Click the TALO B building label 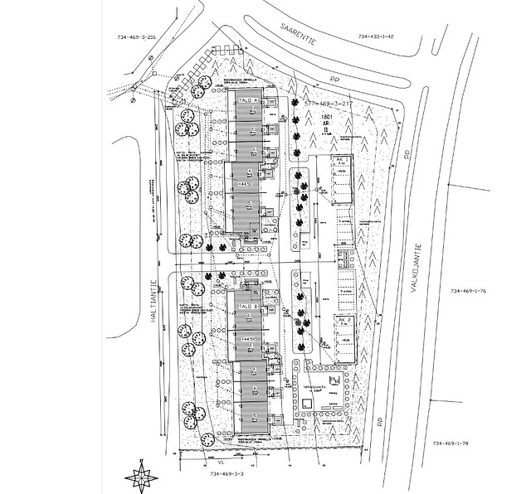point(246,307)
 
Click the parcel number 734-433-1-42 point(376,37)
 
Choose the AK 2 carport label point(343,318)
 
